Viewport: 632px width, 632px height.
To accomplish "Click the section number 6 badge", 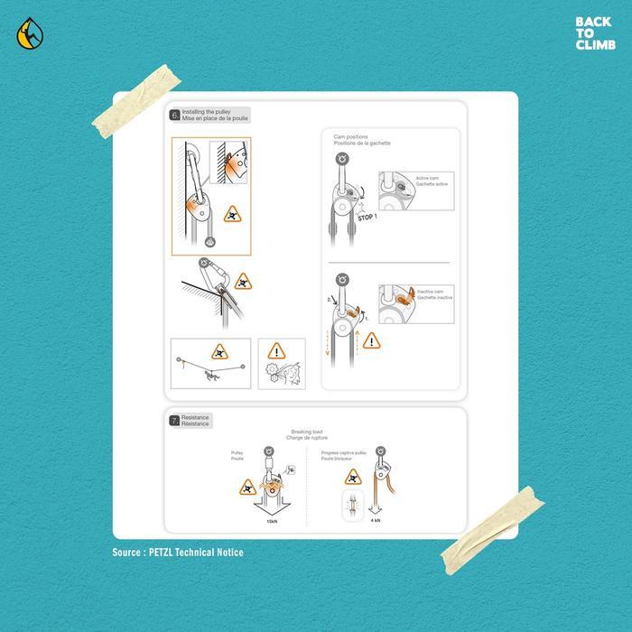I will (x=174, y=115).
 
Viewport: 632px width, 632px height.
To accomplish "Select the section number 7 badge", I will (x=174, y=420).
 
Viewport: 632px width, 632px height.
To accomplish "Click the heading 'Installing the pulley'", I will (x=206, y=111).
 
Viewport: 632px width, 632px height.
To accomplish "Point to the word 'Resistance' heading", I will (x=196, y=417).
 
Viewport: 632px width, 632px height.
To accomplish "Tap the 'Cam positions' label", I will (x=351, y=137).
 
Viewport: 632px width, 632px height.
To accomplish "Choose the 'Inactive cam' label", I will (x=429, y=292).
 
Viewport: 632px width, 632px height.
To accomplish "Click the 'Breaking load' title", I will (x=306, y=432).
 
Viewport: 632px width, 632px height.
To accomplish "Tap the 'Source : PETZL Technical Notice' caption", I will (x=178, y=553).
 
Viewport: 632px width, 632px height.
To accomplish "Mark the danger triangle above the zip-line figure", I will (x=218, y=351).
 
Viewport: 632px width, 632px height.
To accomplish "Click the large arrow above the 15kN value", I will (x=269, y=498).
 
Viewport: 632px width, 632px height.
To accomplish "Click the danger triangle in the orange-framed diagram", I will (x=232, y=214).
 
